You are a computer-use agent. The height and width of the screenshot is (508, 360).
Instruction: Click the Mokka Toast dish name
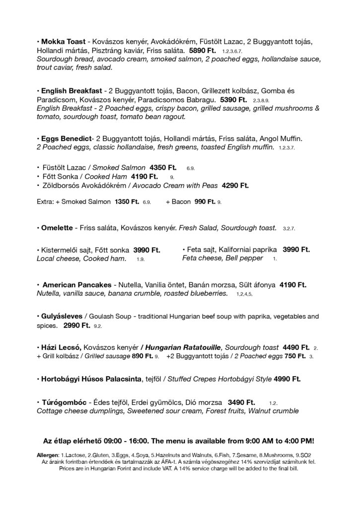pyautogui.click(x=62, y=42)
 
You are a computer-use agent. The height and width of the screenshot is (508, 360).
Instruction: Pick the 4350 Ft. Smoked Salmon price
pyautogui.click(x=165, y=168)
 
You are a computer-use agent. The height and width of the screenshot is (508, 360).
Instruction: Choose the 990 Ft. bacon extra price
pyautogui.click(x=205, y=202)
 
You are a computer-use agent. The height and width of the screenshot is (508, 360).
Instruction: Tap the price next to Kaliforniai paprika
pyautogui.click(x=296, y=250)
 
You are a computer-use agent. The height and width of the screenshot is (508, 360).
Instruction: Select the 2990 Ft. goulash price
pyautogui.click(x=76, y=325)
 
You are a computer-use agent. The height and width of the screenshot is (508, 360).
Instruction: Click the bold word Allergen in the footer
pyautogui.click(x=48, y=455)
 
